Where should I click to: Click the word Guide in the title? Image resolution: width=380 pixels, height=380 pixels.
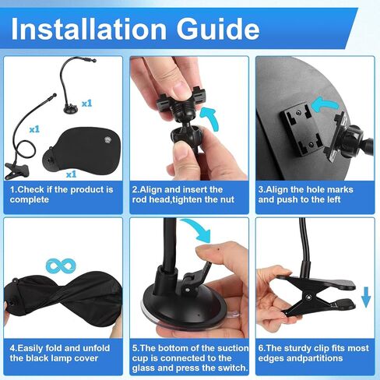click(218, 29)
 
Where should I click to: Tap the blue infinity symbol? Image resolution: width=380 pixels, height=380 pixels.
click(61, 266)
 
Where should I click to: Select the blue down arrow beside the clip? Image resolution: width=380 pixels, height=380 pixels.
click(366, 297)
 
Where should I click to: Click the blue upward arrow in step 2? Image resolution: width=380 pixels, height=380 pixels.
click(211, 118)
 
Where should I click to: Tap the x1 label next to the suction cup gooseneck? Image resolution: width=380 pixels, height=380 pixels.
click(86, 104)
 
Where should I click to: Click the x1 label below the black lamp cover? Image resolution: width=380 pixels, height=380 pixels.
click(71, 174)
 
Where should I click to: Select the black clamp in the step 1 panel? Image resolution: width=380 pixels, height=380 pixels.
click(16, 171)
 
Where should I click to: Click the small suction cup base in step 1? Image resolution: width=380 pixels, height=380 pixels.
click(71, 109)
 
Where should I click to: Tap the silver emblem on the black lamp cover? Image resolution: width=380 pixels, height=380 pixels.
click(107, 140)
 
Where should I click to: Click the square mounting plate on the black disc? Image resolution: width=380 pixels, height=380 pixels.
click(300, 129)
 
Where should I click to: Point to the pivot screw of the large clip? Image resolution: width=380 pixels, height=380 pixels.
click(309, 297)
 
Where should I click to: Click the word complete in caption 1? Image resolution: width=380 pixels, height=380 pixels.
click(30, 199)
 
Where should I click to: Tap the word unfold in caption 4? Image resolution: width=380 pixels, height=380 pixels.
click(96, 348)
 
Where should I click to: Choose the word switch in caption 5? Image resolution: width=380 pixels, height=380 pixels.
click(232, 368)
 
